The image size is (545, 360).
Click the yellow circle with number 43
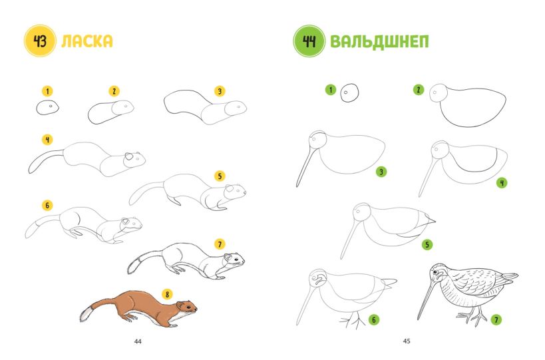(x=40, y=41)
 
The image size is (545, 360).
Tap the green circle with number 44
(x=309, y=41)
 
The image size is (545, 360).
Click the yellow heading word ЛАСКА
(x=87, y=41)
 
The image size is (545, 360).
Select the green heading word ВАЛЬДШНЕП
(x=379, y=42)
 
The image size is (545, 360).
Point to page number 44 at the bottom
(x=138, y=341)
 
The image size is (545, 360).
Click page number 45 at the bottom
(x=407, y=341)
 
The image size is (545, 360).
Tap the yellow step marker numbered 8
(x=167, y=294)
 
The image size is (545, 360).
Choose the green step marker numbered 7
(x=496, y=319)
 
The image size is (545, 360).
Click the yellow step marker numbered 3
(x=220, y=91)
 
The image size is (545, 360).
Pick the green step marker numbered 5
(x=427, y=245)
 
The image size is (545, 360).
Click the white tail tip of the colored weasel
(x=85, y=313)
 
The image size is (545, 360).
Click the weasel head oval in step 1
(x=48, y=107)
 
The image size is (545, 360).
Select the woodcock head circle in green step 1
(x=349, y=92)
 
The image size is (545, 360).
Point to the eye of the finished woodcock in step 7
(x=435, y=271)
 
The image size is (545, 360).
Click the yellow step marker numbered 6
(x=47, y=206)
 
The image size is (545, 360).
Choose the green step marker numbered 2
(x=419, y=90)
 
